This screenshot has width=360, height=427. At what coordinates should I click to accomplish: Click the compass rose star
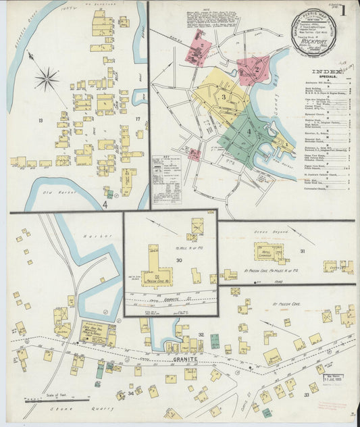(47, 80)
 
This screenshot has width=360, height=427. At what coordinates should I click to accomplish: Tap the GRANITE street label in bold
(182, 359)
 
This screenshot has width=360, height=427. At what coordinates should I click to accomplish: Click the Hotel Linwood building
(269, 252)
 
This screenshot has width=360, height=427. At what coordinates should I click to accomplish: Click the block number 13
(41, 120)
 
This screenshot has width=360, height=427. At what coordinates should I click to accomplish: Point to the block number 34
(130, 393)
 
